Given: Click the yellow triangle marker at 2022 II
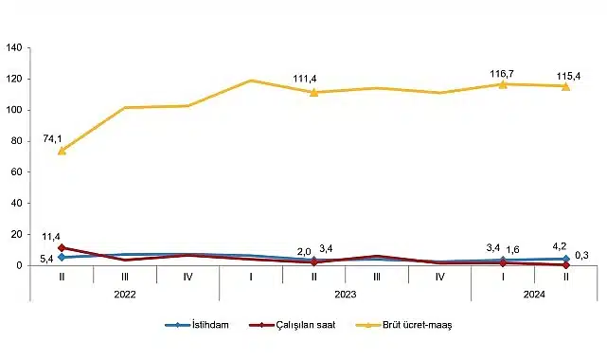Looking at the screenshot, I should point(62,151).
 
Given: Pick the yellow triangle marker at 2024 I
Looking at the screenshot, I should point(503,84).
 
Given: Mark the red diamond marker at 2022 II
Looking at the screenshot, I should point(62,248).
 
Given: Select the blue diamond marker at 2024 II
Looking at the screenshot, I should point(565,259).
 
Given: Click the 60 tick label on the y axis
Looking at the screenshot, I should point(16,172).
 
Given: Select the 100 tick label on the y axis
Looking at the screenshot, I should point(13,110).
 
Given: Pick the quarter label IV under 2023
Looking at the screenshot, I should point(439,277).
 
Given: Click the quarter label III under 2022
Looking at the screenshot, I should point(124,277).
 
